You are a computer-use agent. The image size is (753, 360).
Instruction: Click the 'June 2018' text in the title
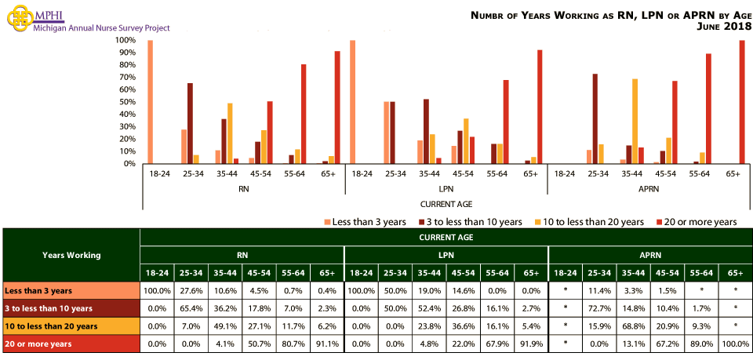723,27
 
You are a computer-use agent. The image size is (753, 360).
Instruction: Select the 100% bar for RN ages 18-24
150,102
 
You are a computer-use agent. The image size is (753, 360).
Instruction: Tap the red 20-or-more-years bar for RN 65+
337,107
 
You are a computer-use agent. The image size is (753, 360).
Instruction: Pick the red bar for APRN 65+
742,102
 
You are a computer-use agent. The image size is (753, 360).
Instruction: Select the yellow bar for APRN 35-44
635,122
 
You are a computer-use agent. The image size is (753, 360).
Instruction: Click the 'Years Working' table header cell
71,255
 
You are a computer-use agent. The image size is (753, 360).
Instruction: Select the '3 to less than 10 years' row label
49,308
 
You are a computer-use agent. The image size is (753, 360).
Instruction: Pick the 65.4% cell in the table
191,308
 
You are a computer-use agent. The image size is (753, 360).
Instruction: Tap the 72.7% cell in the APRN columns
599,308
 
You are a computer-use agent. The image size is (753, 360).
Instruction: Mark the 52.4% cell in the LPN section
428,308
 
